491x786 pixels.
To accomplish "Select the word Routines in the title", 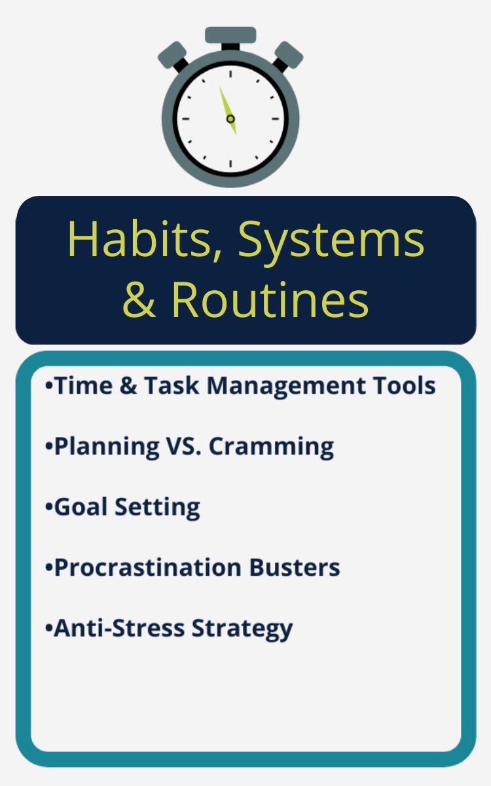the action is [x=270, y=300].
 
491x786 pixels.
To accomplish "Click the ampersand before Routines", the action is [x=139, y=300].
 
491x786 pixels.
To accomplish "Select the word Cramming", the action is [x=271, y=447].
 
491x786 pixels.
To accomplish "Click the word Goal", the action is [x=81, y=507].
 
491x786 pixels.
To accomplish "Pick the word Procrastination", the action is [x=148, y=567].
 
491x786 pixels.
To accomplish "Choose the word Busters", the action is [x=295, y=567].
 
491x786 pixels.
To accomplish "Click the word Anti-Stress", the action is [x=119, y=628].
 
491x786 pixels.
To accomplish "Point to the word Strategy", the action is [x=242, y=630].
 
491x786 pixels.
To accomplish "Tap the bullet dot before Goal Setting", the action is [x=48, y=507].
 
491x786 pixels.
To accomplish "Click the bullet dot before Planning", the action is [x=48, y=446].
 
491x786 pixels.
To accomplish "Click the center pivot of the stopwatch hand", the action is [x=230, y=119].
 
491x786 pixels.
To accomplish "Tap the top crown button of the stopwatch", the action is [x=230, y=35].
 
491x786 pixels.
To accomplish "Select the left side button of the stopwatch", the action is [x=172, y=55].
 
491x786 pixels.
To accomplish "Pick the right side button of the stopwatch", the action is [x=289, y=55].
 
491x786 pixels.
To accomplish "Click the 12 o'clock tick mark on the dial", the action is [x=230, y=74].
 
